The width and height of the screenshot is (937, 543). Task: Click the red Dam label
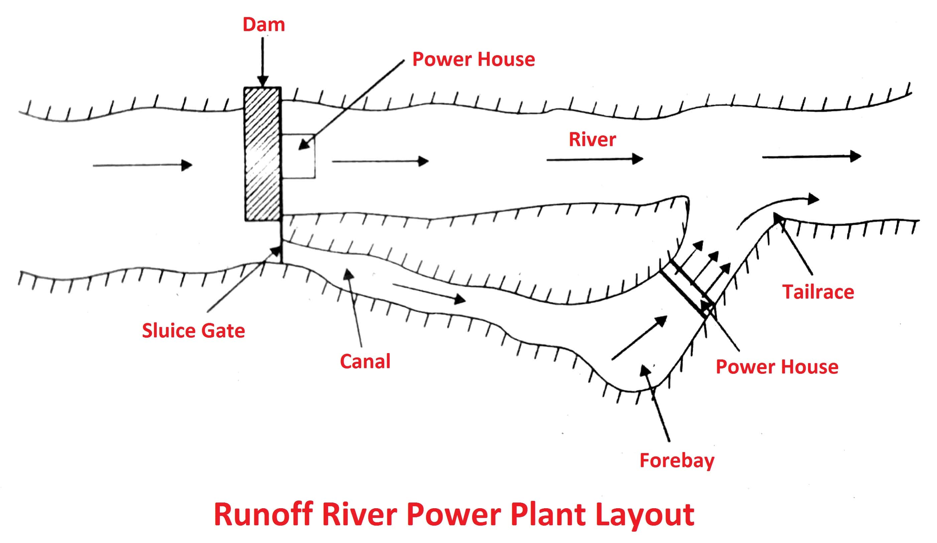(x=264, y=25)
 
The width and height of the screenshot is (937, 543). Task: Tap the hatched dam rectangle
(x=262, y=154)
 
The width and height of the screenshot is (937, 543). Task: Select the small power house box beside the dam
(x=298, y=156)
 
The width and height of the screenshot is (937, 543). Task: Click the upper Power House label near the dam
(x=473, y=60)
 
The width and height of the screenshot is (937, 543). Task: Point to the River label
(x=592, y=140)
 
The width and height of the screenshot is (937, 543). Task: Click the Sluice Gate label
(x=193, y=331)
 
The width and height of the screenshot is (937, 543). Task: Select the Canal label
(x=365, y=361)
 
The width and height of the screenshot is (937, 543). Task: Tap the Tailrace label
(x=818, y=292)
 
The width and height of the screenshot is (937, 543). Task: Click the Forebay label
(x=677, y=460)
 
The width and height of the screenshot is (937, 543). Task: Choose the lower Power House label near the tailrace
(x=777, y=367)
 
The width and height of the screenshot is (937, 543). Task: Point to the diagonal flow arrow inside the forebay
(x=639, y=338)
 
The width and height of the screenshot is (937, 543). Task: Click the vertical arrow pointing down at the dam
(x=263, y=62)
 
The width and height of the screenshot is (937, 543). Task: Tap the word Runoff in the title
(x=263, y=515)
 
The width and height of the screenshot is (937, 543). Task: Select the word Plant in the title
(x=548, y=515)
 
